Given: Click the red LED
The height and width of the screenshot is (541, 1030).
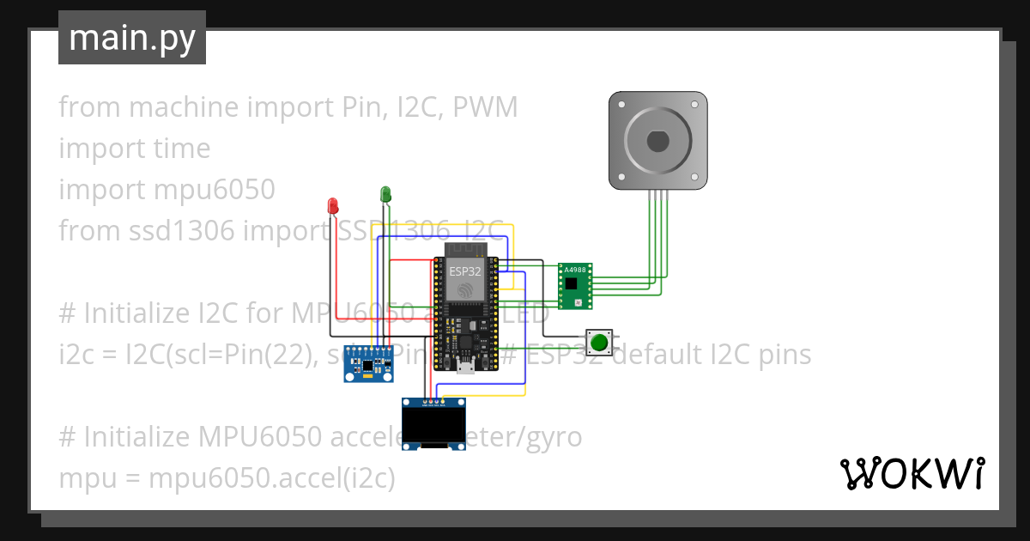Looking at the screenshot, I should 333,206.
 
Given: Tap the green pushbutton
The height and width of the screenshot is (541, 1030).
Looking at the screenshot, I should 600,343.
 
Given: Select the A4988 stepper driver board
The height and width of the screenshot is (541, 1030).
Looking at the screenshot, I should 574,286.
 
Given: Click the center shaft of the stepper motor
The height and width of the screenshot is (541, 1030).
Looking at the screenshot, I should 657,140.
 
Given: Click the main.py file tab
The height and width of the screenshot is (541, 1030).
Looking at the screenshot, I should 132,38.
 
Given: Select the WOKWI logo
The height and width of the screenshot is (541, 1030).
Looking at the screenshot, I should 912,473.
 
